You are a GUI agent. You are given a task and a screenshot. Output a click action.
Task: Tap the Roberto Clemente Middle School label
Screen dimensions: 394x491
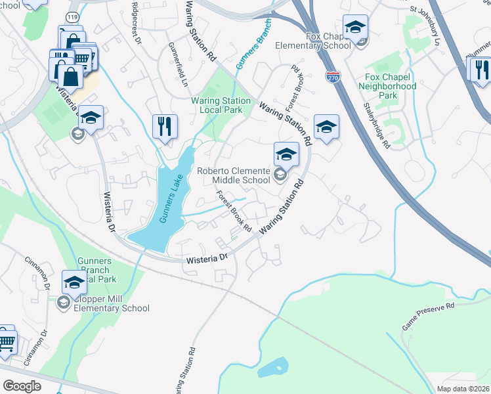tap(234, 175)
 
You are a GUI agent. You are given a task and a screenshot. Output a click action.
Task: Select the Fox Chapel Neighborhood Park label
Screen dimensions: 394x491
tap(390, 86)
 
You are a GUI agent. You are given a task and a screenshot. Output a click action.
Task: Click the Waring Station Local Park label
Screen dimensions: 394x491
tap(221, 105)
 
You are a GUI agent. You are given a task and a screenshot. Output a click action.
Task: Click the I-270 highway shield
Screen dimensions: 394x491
tap(333, 77)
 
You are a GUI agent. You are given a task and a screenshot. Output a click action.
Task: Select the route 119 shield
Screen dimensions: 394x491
tap(72, 16)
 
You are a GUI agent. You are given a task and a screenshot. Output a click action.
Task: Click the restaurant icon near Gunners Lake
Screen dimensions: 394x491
tap(165, 125)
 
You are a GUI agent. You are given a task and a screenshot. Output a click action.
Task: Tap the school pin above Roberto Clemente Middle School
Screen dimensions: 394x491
tap(286, 154)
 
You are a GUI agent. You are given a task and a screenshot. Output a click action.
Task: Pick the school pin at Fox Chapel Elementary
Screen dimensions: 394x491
tap(355, 27)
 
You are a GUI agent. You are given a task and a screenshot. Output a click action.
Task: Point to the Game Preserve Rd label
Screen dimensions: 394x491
tap(428, 317)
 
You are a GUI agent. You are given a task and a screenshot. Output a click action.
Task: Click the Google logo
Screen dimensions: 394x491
tap(22, 386)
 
